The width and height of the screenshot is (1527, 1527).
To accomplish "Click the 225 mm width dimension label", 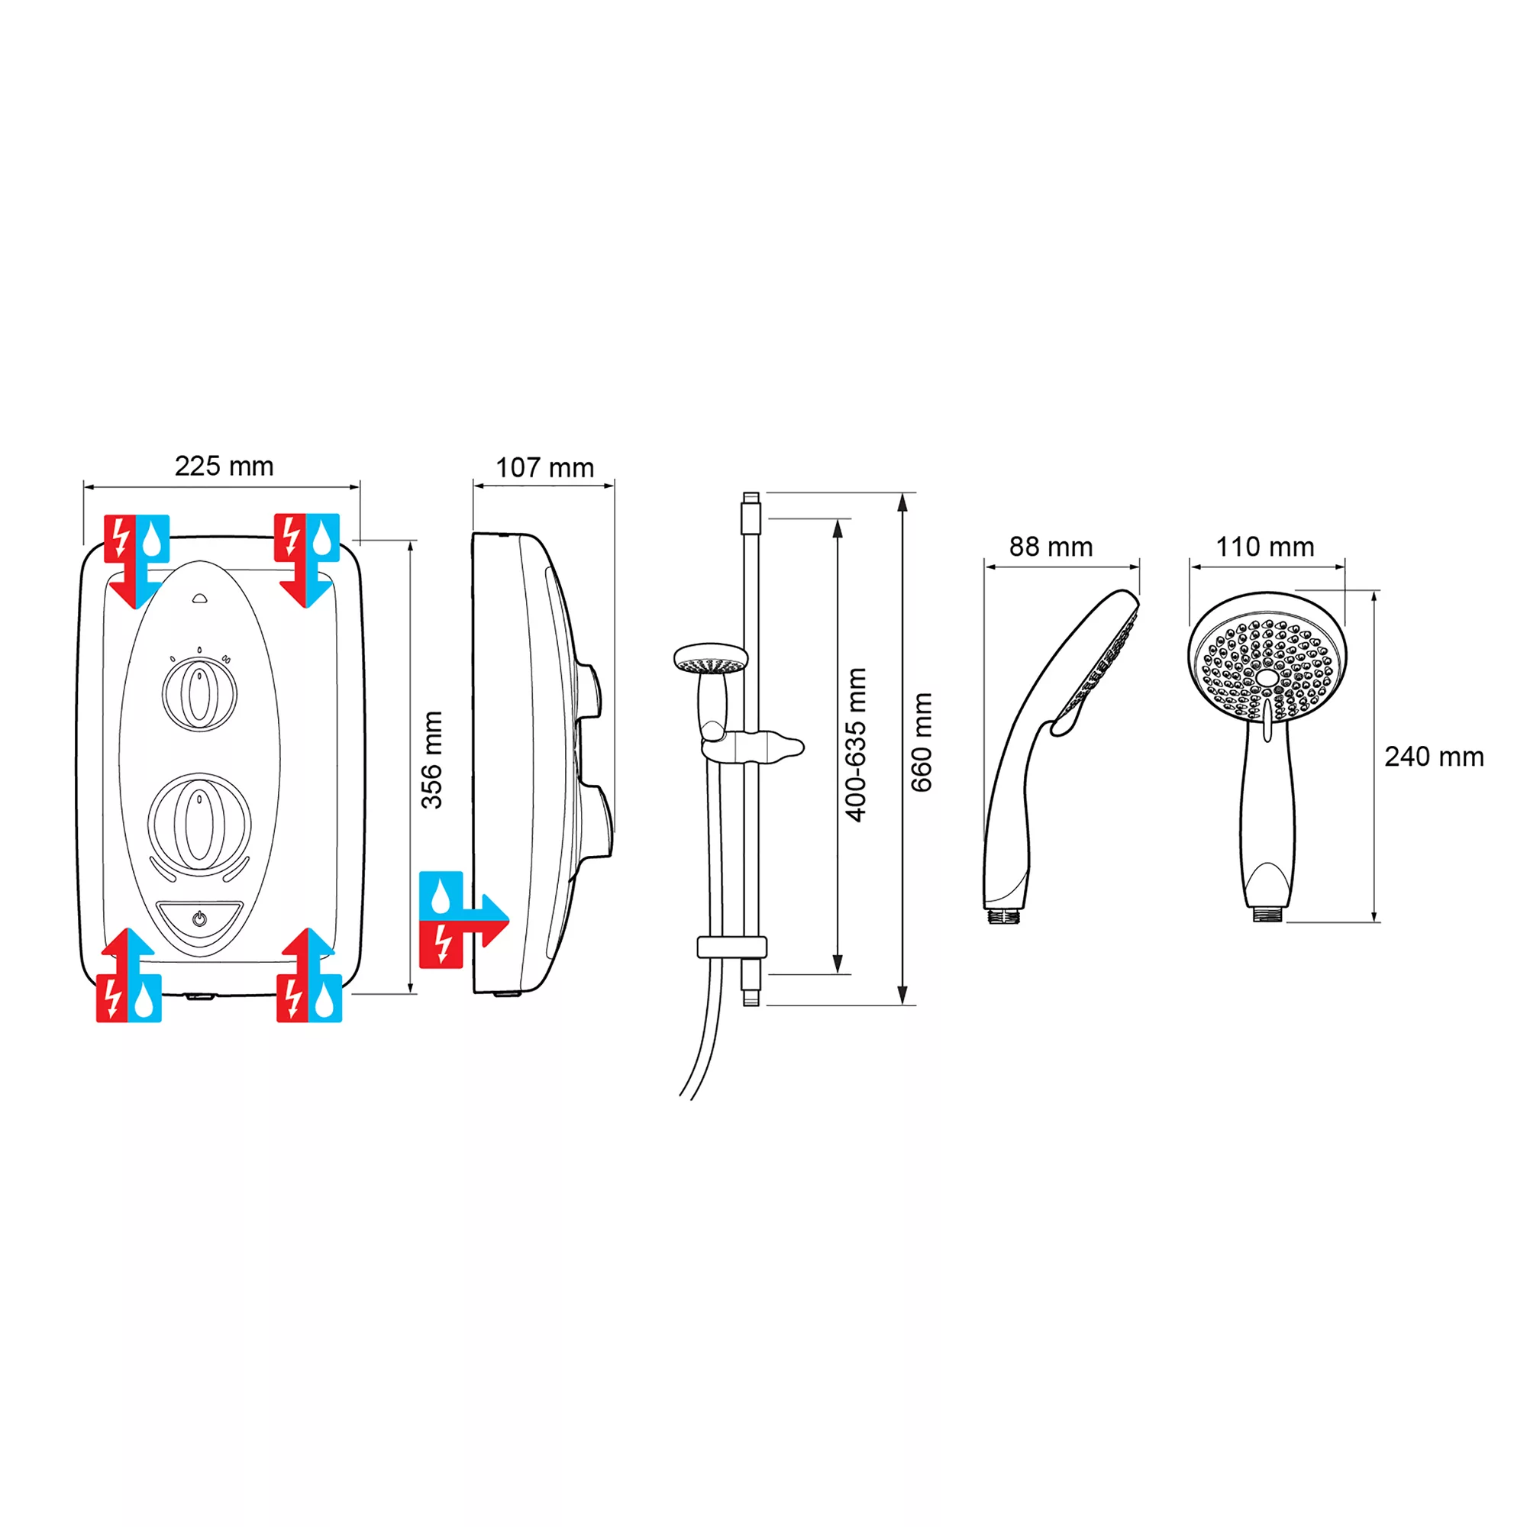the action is click(224, 466).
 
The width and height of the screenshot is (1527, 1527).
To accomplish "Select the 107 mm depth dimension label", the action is click(544, 468).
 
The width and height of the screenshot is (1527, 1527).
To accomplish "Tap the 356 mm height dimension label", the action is click(431, 760).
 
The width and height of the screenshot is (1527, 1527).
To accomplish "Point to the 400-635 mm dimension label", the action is click(856, 745).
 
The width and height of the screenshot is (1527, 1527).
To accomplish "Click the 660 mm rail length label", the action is click(922, 743).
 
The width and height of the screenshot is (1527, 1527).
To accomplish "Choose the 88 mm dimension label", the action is click(1051, 547).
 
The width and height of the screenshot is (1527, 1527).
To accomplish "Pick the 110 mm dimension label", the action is click(1264, 547).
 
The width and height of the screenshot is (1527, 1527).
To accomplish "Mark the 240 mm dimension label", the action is click(1434, 757).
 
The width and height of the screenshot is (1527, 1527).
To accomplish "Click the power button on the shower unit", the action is click(199, 918).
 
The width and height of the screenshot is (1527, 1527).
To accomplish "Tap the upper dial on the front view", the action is click(199, 695).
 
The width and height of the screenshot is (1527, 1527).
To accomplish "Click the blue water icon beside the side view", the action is click(441, 896).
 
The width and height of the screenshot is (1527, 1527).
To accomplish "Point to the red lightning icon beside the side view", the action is click(441, 944).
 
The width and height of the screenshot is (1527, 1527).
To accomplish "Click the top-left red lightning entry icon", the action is click(120, 538).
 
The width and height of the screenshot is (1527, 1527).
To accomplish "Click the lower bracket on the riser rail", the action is click(732, 947).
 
